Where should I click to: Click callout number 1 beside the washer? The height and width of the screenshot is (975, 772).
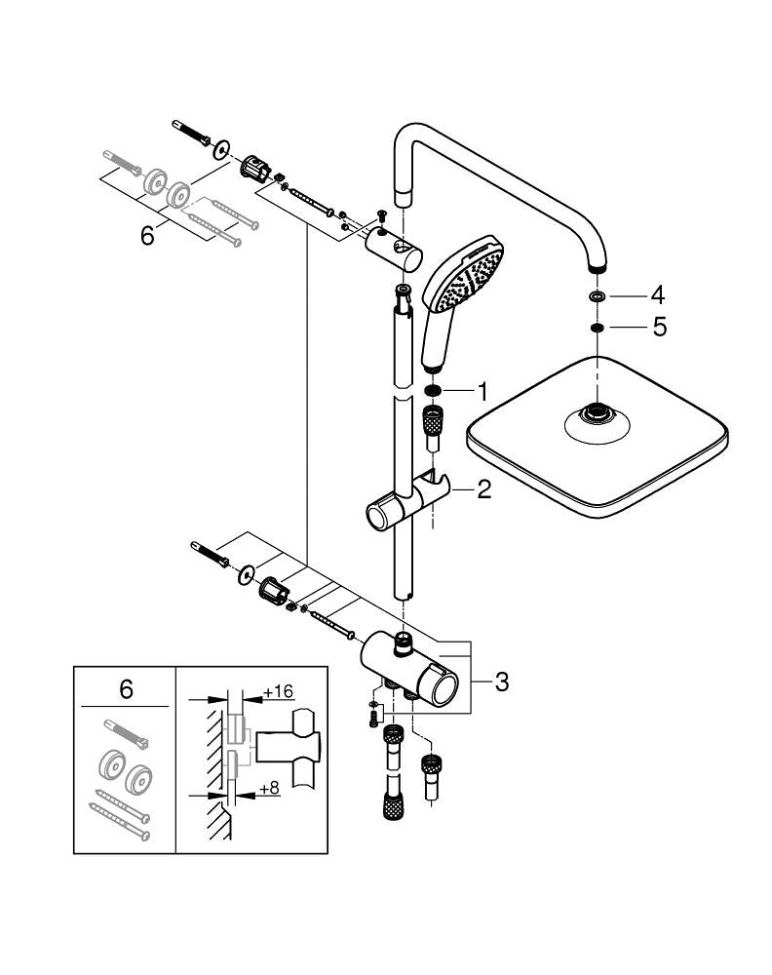(x=481, y=392)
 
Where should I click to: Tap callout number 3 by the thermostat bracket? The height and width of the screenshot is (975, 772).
(x=501, y=682)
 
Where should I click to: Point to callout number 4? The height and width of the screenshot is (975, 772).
(x=659, y=293)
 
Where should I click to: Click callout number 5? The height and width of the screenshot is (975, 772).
(x=659, y=328)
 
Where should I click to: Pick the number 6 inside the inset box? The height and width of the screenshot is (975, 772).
(x=125, y=690)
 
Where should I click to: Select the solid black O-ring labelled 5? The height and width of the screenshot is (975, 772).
(x=596, y=328)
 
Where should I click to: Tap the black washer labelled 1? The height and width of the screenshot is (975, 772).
(x=433, y=392)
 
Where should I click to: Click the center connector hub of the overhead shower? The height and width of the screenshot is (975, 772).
(x=594, y=415)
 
